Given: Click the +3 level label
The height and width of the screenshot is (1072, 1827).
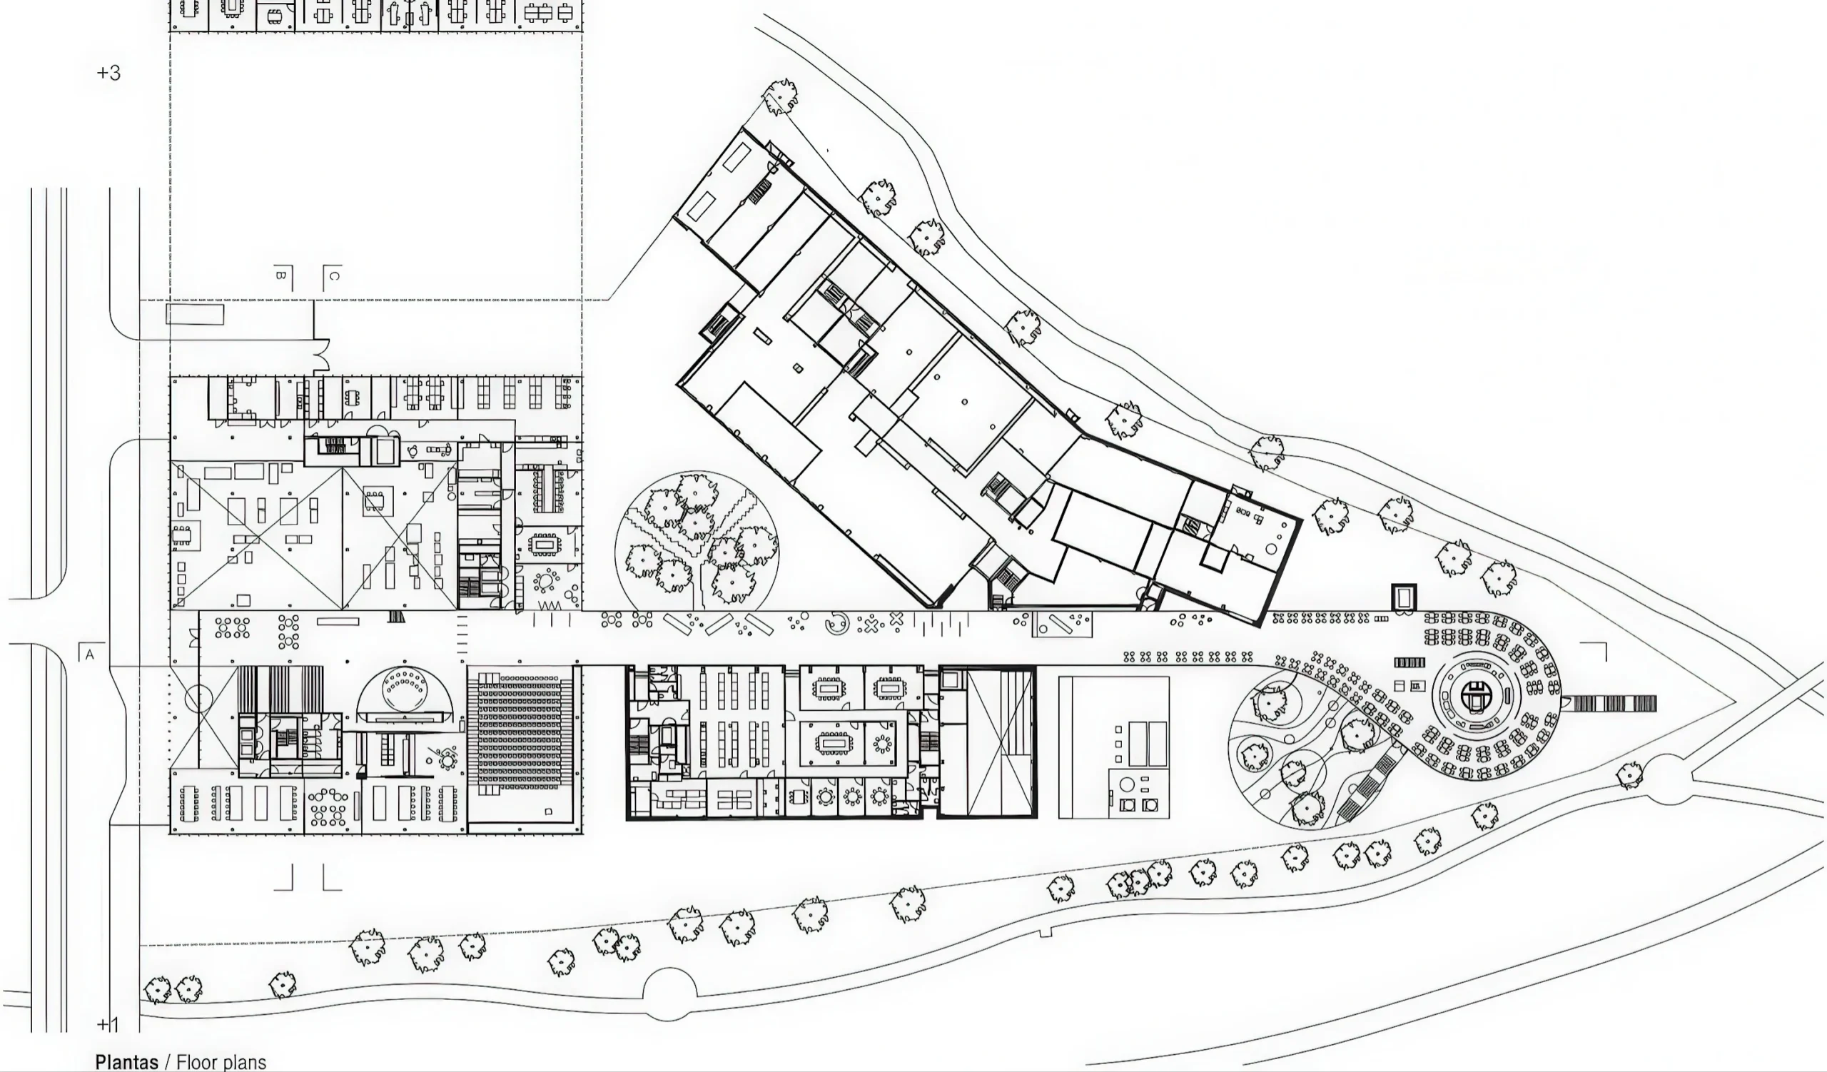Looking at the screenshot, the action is (108, 73).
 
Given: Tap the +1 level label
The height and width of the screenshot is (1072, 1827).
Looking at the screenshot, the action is (108, 1024).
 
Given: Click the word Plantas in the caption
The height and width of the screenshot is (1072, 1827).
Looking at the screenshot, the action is (127, 1062).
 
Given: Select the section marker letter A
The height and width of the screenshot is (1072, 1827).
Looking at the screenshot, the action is (90, 655).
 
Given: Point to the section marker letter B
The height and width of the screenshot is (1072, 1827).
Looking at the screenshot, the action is (281, 275).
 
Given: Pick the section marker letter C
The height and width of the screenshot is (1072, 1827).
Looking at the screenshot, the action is (334, 275).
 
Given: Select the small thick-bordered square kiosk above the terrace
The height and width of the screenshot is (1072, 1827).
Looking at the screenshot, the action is (1404, 597).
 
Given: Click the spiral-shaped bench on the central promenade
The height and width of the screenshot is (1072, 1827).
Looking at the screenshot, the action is (838, 622).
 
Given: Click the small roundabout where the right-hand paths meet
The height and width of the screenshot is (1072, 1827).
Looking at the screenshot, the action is (1668, 779).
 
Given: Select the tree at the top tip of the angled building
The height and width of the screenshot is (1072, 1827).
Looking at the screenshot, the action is (780, 96).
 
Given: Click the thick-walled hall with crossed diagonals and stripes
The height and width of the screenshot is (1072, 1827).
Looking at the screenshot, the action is (988, 742).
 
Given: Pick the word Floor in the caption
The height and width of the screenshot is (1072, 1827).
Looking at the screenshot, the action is (196, 1062).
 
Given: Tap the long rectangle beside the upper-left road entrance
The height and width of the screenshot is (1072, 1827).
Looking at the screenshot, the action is (195, 315).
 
